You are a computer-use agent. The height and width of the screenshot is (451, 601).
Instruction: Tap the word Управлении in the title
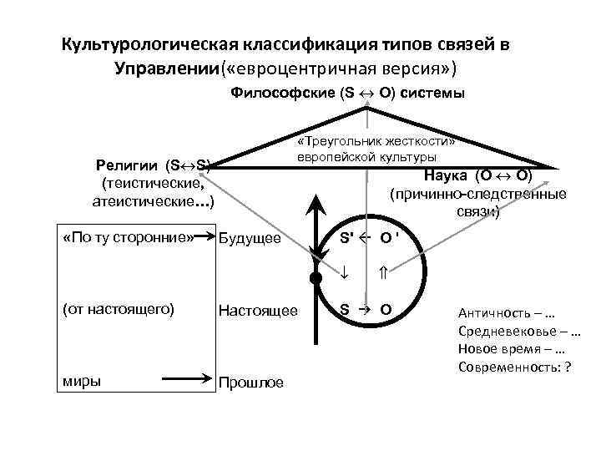point(167,67)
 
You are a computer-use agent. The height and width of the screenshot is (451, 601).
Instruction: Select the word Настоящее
point(258,311)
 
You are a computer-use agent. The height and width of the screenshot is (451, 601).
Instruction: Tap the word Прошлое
point(250,383)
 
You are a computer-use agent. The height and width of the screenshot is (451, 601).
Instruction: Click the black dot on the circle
point(315,277)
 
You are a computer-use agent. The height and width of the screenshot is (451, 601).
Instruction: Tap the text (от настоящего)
point(119,310)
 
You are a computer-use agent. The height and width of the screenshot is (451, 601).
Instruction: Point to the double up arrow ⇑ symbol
point(383,271)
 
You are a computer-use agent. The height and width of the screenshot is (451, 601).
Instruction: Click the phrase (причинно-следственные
point(477,194)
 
